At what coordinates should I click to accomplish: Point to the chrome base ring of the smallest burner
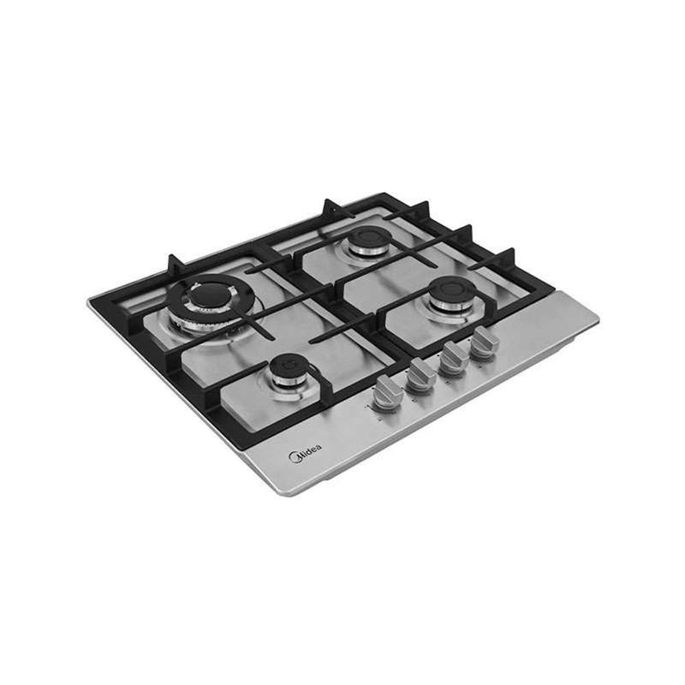click(x=288, y=383)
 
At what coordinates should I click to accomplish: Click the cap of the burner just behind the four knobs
click(x=452, y=289)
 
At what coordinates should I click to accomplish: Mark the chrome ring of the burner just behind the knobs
click(x=453, y=304)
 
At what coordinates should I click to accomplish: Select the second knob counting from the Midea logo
click(x=420, y=374)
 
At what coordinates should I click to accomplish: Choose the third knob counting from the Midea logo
click(x=454, y=357)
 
